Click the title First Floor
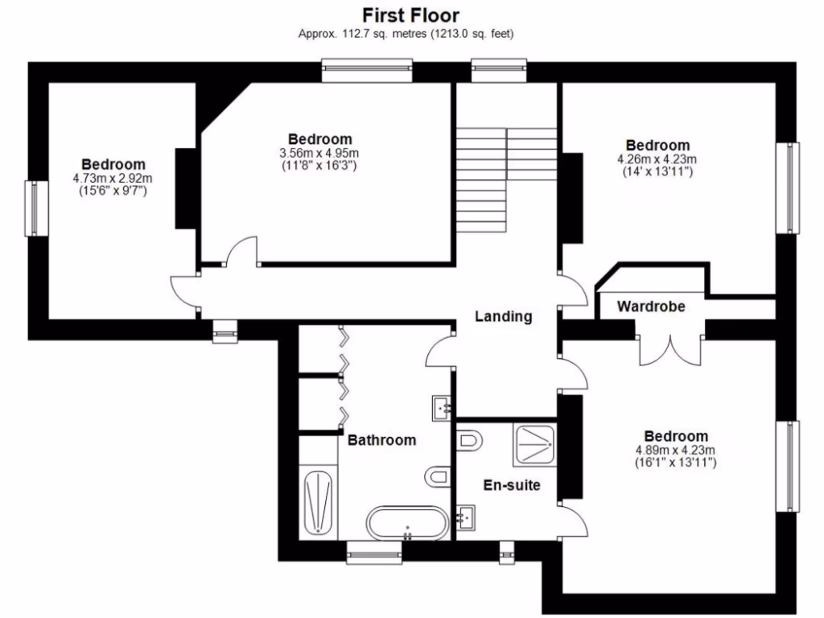pyautogui.click(x=410, y=14)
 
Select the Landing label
pyautogui.click(x=503, y=316)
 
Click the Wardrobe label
pyautogui.click(x=651, y=307)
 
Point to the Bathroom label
pyautogui.click(x=381, y=440)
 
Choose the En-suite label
pyautogui.click(x=511, y=485)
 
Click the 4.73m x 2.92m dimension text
pyautogui.click(x=113, y=178)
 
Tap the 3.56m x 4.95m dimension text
pyautogui.click(x=319, y=153)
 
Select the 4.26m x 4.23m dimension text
pyautogui.click(x=657, y=159)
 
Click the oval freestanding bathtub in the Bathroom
pyautogui.click(x=406, y=523)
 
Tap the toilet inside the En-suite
pyautogui.click(x=469, y=441)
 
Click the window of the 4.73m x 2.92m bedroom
pyautogui.click(x=34, y=208)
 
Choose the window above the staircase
pyautogui.click(x=499, y=71)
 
